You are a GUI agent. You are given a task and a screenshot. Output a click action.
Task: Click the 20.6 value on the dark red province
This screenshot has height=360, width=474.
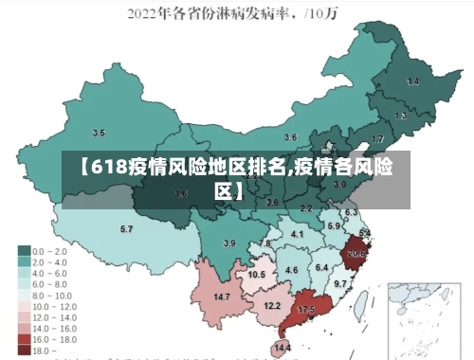(x=357, y=254)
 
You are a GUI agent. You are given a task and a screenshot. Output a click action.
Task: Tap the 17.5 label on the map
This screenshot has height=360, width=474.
(x=306, y=310)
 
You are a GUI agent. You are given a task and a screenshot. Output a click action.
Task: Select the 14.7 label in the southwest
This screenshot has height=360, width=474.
(x=223, y=297)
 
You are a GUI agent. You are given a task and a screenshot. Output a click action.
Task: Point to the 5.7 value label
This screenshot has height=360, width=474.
(x=126, y=229)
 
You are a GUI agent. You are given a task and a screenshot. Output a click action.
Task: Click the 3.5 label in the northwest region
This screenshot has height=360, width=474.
(x=99, y=133)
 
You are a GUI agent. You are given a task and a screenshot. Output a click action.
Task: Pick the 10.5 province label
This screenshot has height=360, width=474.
(x=257, y=275)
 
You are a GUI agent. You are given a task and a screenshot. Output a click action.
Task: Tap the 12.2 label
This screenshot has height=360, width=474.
(x=272, y=306)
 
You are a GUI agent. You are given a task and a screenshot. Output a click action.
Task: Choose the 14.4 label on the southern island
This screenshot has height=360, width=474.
(x=282, y=349)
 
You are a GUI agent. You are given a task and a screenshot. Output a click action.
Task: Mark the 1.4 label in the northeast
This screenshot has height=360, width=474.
(x=412, y=82)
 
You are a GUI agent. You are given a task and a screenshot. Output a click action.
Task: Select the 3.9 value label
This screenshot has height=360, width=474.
(x=228, y=243)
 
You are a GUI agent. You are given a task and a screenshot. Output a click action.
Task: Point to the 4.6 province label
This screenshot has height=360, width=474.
(x=292, y=271)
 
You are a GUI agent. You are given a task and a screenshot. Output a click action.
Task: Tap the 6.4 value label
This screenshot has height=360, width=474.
(x=321, y=268)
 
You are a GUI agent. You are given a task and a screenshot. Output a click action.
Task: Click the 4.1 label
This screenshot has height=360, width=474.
(x=297, y=234)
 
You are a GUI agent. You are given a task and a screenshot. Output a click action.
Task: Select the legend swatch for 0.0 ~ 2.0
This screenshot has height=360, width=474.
(x=24, y=251)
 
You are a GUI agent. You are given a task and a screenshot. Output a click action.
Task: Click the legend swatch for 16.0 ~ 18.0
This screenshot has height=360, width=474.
(x=24, y=339)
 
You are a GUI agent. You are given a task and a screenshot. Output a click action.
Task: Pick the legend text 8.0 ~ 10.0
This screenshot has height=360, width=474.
(x=52, y=295)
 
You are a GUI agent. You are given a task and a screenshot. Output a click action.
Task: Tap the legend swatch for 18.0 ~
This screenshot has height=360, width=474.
(x=24, y=350)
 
